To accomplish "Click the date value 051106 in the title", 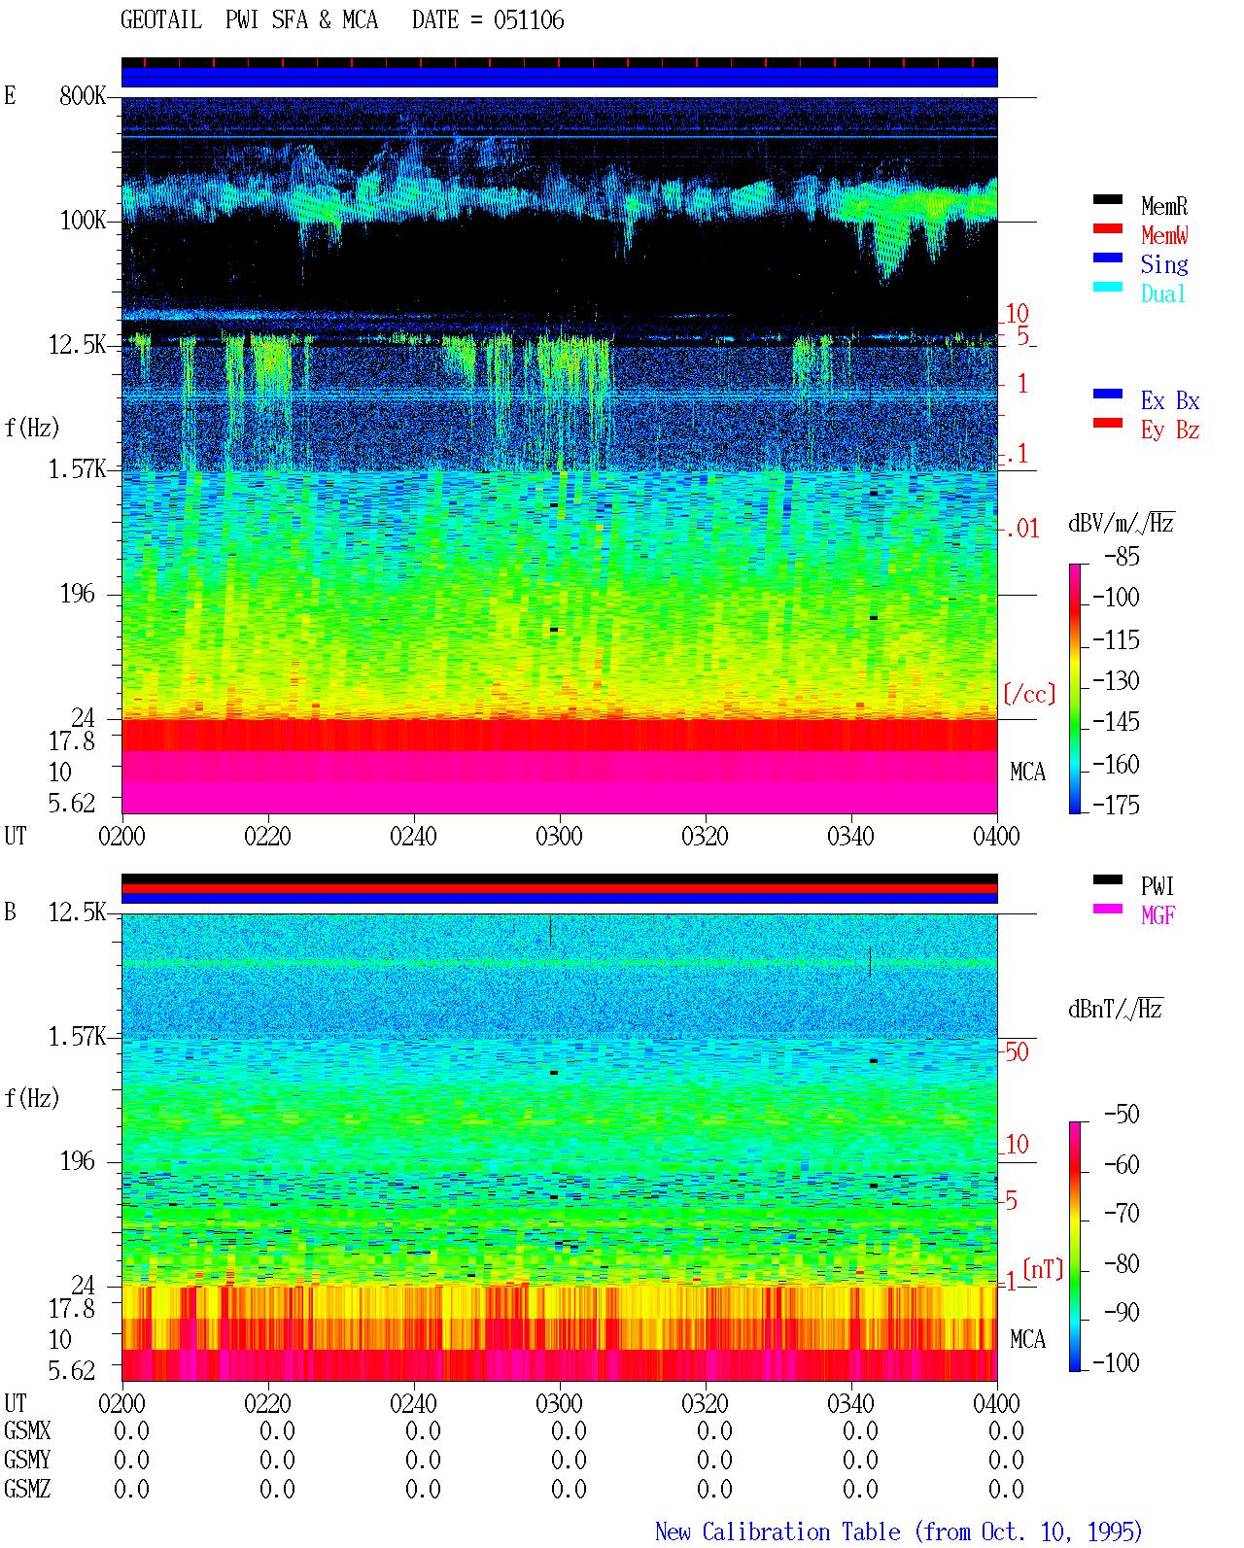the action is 529,20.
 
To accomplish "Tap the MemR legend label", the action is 1164,206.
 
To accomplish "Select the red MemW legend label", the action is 1164,235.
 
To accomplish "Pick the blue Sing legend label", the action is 1164,264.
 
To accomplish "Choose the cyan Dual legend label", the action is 1162,293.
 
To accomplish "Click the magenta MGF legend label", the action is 1158,915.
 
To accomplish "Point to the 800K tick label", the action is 83,95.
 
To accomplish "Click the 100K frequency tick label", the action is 83,221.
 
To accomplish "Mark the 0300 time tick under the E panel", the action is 559,836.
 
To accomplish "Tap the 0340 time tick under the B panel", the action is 850,1402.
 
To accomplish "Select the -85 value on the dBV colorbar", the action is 1122,556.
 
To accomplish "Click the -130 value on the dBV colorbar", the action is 1116,680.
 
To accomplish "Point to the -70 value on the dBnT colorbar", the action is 1122,1213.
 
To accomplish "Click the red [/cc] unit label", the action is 1029,694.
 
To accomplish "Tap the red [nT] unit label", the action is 1043,1268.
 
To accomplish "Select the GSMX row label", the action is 27,1431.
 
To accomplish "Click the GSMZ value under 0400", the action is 1006,1489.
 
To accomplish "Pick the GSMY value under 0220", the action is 277,1461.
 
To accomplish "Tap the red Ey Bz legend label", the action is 1170,430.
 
